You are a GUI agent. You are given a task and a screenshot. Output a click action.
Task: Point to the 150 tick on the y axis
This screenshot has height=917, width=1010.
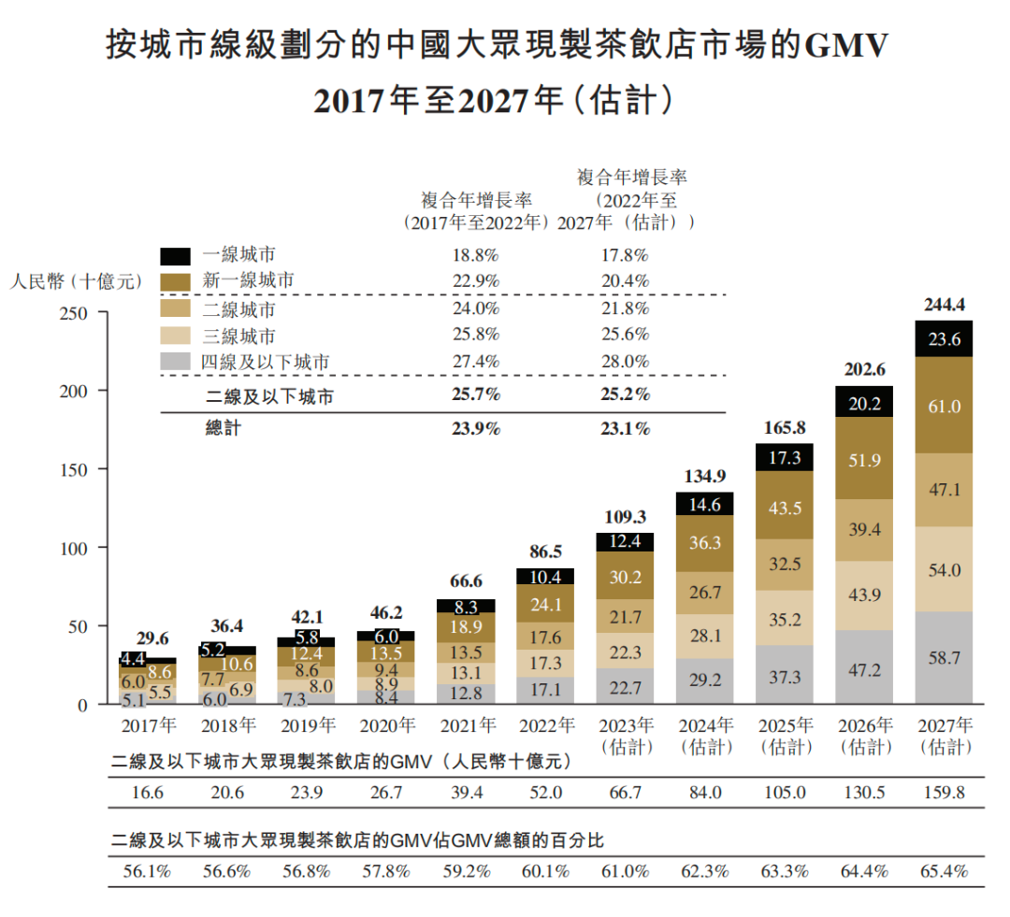pos(75,469)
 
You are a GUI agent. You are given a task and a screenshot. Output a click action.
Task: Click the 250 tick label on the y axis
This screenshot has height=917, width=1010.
pos(75,312)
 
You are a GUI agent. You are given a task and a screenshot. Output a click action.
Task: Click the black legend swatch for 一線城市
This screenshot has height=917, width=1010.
pos(175,255)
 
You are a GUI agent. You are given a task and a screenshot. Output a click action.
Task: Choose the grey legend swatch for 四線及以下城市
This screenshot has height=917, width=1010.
pos(175,362)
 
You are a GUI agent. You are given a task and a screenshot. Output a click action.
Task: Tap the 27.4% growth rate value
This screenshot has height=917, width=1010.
pos(475,362)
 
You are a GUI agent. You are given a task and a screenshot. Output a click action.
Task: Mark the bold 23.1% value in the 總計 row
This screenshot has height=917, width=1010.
pos(625,429)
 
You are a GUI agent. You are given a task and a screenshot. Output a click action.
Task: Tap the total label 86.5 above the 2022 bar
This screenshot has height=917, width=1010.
pos(546,552)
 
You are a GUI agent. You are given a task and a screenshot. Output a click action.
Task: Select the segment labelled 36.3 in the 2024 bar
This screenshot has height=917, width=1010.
pos(705,543)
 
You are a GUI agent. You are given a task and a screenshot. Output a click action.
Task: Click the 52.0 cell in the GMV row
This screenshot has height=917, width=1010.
pos(546,793)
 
